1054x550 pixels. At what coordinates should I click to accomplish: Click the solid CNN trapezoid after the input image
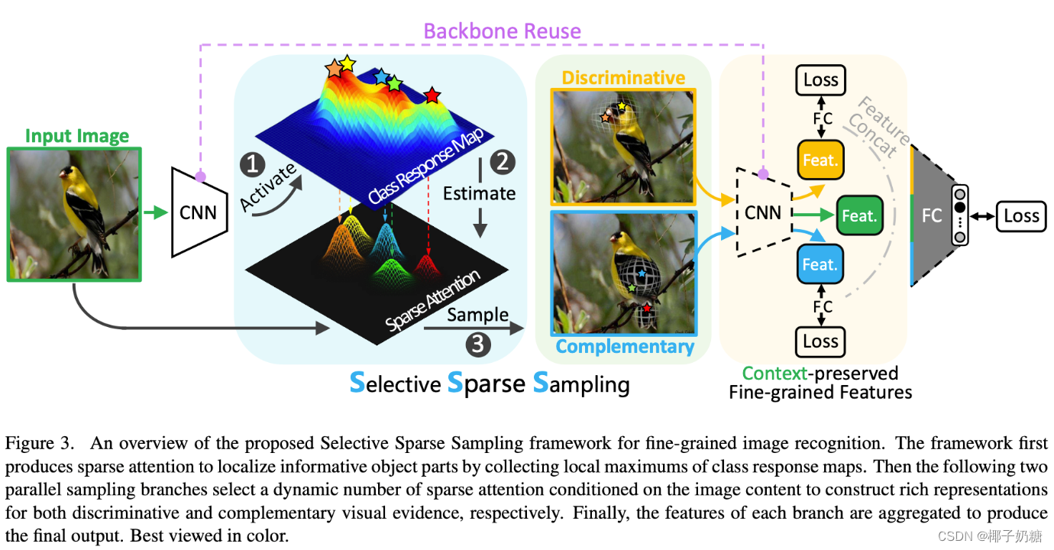(199, 212)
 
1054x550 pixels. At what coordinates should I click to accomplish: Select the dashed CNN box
(763, 212)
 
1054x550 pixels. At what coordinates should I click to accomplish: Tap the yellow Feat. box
(820, 161)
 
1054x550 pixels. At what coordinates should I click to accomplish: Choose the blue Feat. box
(820, 265)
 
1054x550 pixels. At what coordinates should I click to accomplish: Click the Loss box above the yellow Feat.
(821, 79)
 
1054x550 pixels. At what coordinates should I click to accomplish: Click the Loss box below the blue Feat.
(821, 341)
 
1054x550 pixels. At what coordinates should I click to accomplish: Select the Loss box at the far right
(1021, 216)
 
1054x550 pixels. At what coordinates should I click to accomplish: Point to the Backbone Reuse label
(502, 31)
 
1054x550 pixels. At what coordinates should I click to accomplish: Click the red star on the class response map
(432, 95)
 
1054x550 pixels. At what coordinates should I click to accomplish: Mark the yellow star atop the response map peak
(348, 63)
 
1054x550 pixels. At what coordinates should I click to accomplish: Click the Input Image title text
(77, 136)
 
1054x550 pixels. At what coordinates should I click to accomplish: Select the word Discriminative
(623, 77)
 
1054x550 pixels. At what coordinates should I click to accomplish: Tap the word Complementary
(625, 346)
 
